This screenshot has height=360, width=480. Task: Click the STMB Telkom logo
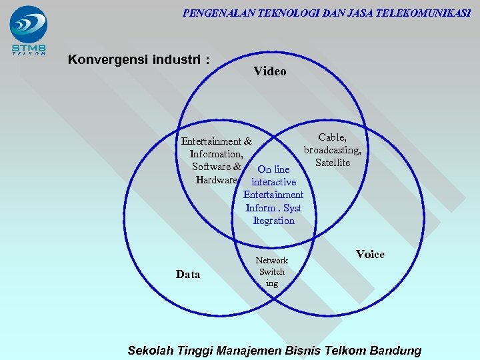[28, 30]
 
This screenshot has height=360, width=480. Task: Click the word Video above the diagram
[269, 71]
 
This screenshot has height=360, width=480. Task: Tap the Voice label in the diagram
[370, 254]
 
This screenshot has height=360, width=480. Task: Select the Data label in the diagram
[188, 274]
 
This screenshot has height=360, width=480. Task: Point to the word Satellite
[333, 163]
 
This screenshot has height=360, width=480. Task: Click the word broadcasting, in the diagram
[332, 150]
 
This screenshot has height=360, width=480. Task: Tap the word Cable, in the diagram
[332, 137]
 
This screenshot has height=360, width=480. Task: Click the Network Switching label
[272, 271]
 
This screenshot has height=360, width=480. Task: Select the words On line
[273, 169]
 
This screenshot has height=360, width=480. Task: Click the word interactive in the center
[273, 182]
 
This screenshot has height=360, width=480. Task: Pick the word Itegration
[273, 221]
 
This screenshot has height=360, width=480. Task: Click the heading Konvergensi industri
[139, 59]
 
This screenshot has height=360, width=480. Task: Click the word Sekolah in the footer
[150, 350]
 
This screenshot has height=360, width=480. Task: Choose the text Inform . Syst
[273, 208]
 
